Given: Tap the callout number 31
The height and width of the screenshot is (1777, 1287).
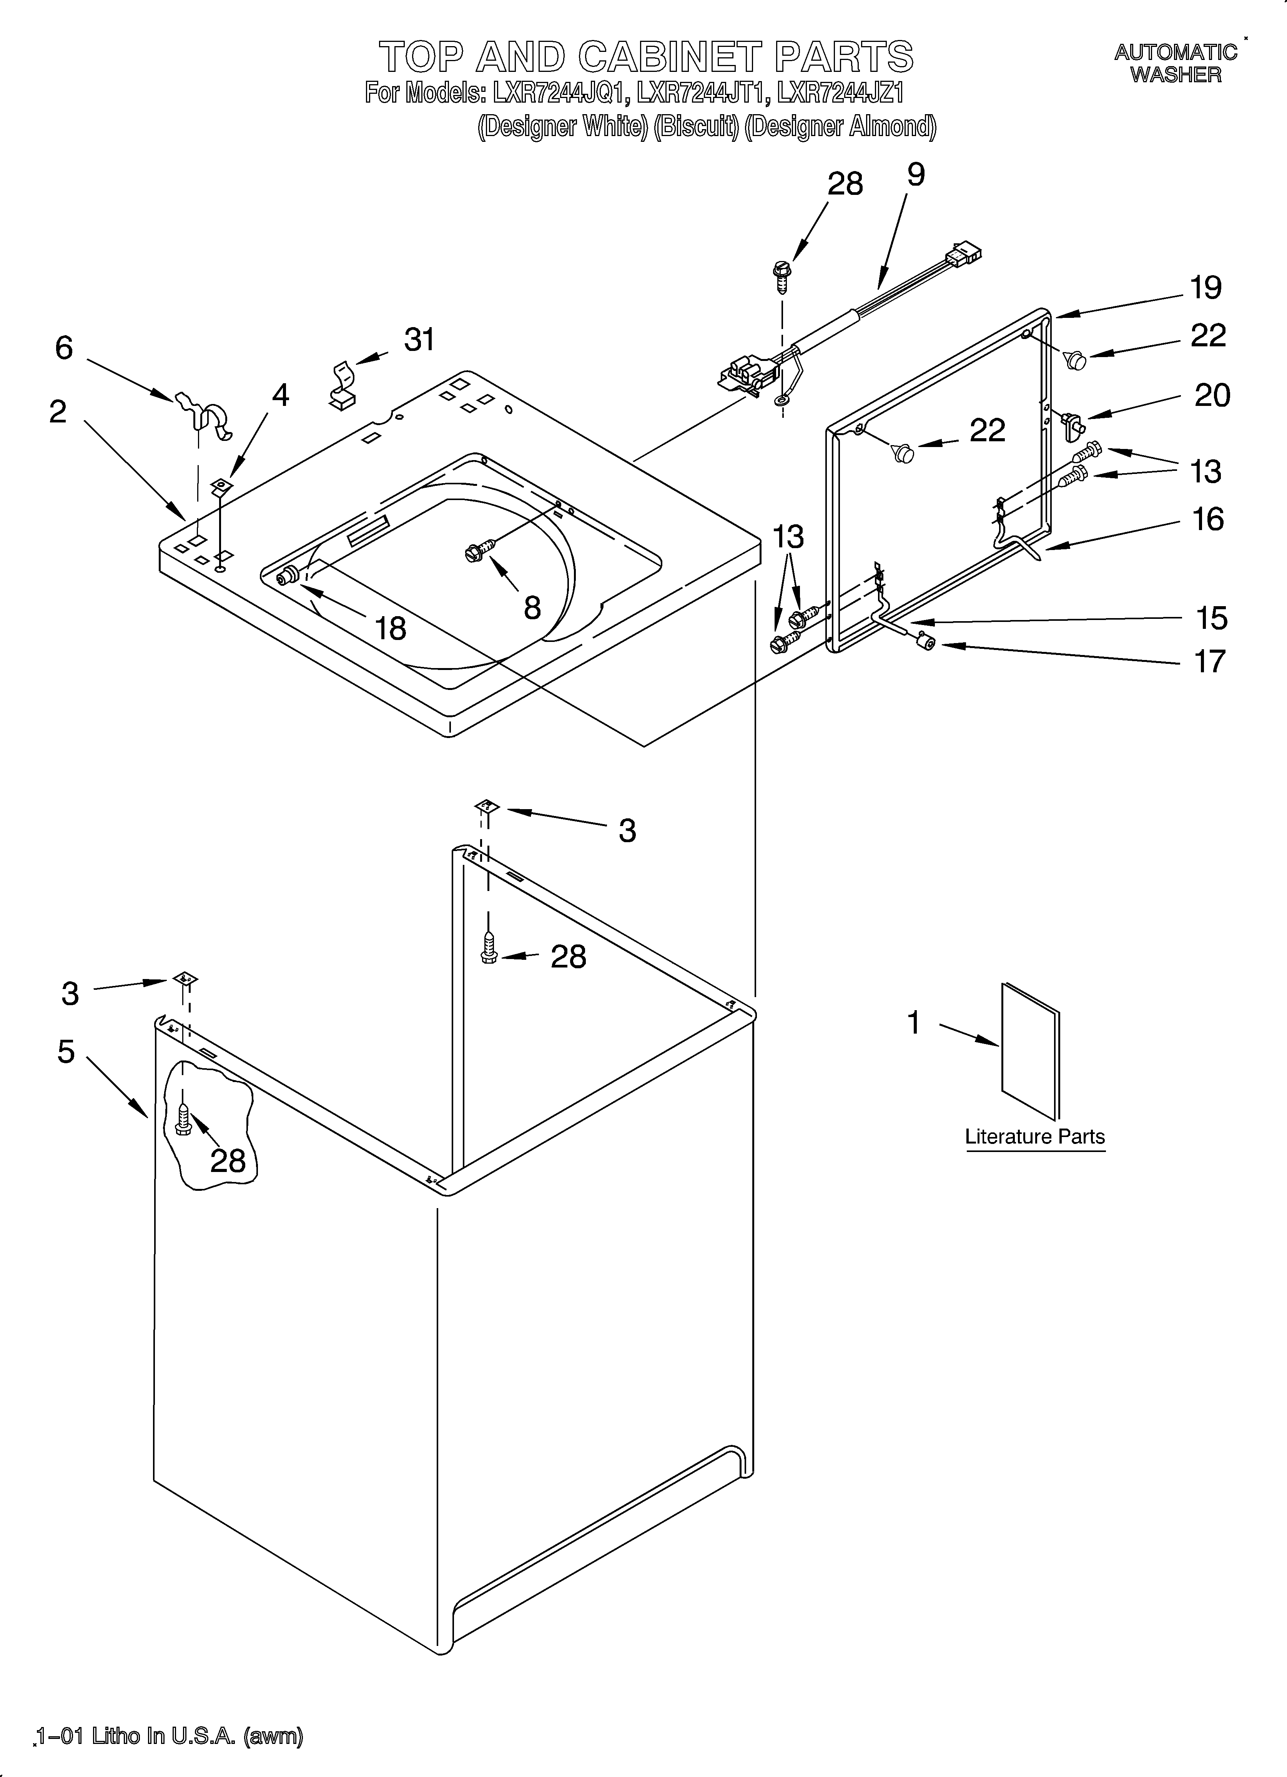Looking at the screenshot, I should [419, 340].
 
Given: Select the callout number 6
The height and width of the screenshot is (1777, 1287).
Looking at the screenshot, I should [64, 348].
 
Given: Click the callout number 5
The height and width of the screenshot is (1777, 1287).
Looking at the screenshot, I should [67, 1051].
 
